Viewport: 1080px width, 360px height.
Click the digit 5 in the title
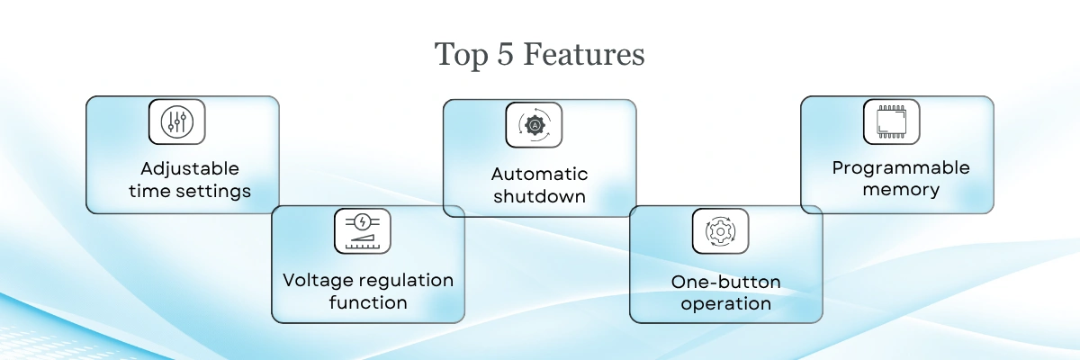505,54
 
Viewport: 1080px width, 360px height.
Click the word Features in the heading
584,54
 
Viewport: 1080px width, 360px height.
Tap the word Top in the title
462,56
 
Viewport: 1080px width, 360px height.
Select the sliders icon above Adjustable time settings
177,121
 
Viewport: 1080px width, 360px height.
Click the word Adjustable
190,169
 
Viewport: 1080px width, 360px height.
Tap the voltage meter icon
363,230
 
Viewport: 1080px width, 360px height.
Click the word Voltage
319,281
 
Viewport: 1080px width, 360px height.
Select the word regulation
406,281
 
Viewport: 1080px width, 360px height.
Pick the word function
368,303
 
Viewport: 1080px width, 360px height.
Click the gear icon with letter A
535,125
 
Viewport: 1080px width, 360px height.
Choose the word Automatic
539,174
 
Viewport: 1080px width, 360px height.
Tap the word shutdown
539,196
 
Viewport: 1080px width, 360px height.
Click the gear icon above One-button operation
720,231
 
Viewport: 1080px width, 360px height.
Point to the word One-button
726,282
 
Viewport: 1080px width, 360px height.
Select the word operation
726,304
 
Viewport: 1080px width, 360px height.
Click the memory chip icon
892,121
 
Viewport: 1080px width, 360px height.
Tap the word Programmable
901,168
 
